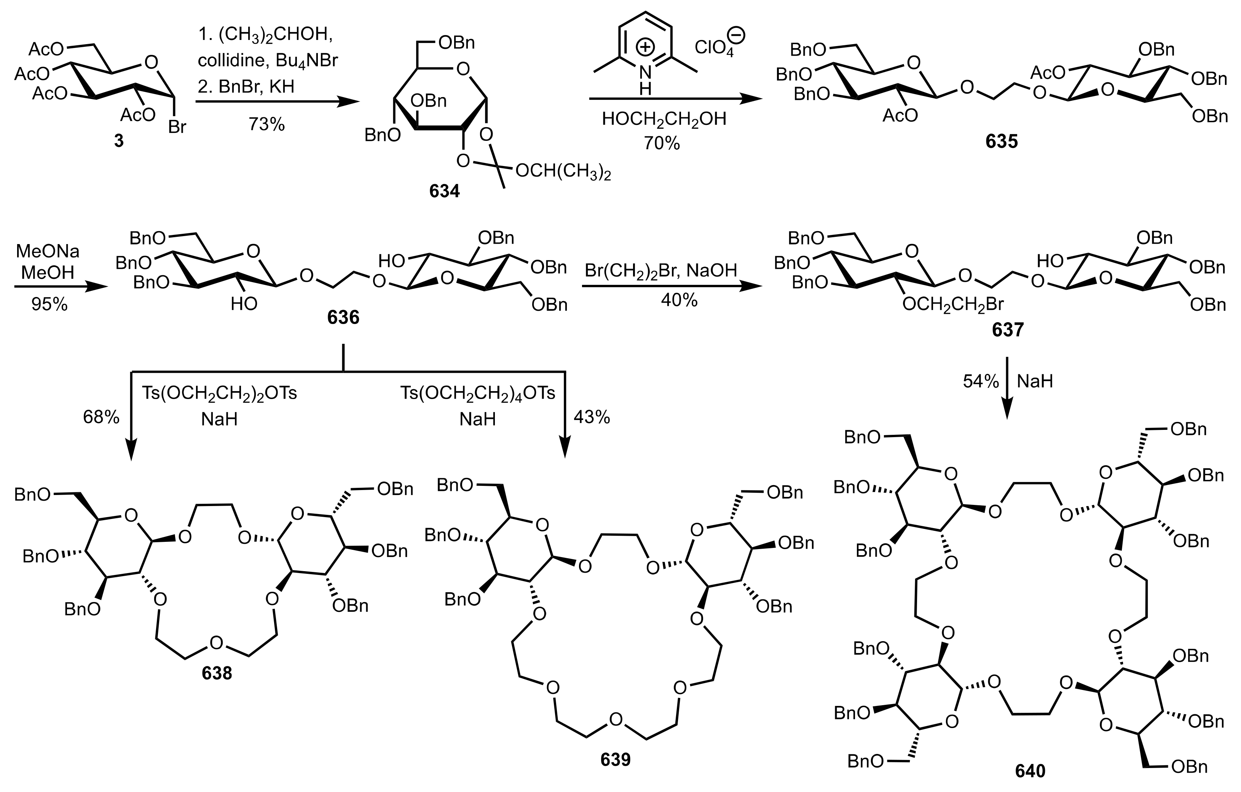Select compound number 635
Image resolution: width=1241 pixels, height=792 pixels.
1001,141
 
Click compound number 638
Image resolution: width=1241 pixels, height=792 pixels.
217,673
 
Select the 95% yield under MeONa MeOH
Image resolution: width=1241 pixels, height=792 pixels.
49,304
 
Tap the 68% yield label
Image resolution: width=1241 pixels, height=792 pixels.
101,417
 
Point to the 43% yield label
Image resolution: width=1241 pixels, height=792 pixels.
592,417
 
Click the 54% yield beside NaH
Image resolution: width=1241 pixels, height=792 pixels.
981,381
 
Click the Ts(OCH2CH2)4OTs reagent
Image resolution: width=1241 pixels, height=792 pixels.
478,393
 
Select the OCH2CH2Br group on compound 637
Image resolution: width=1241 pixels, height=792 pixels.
953,304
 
